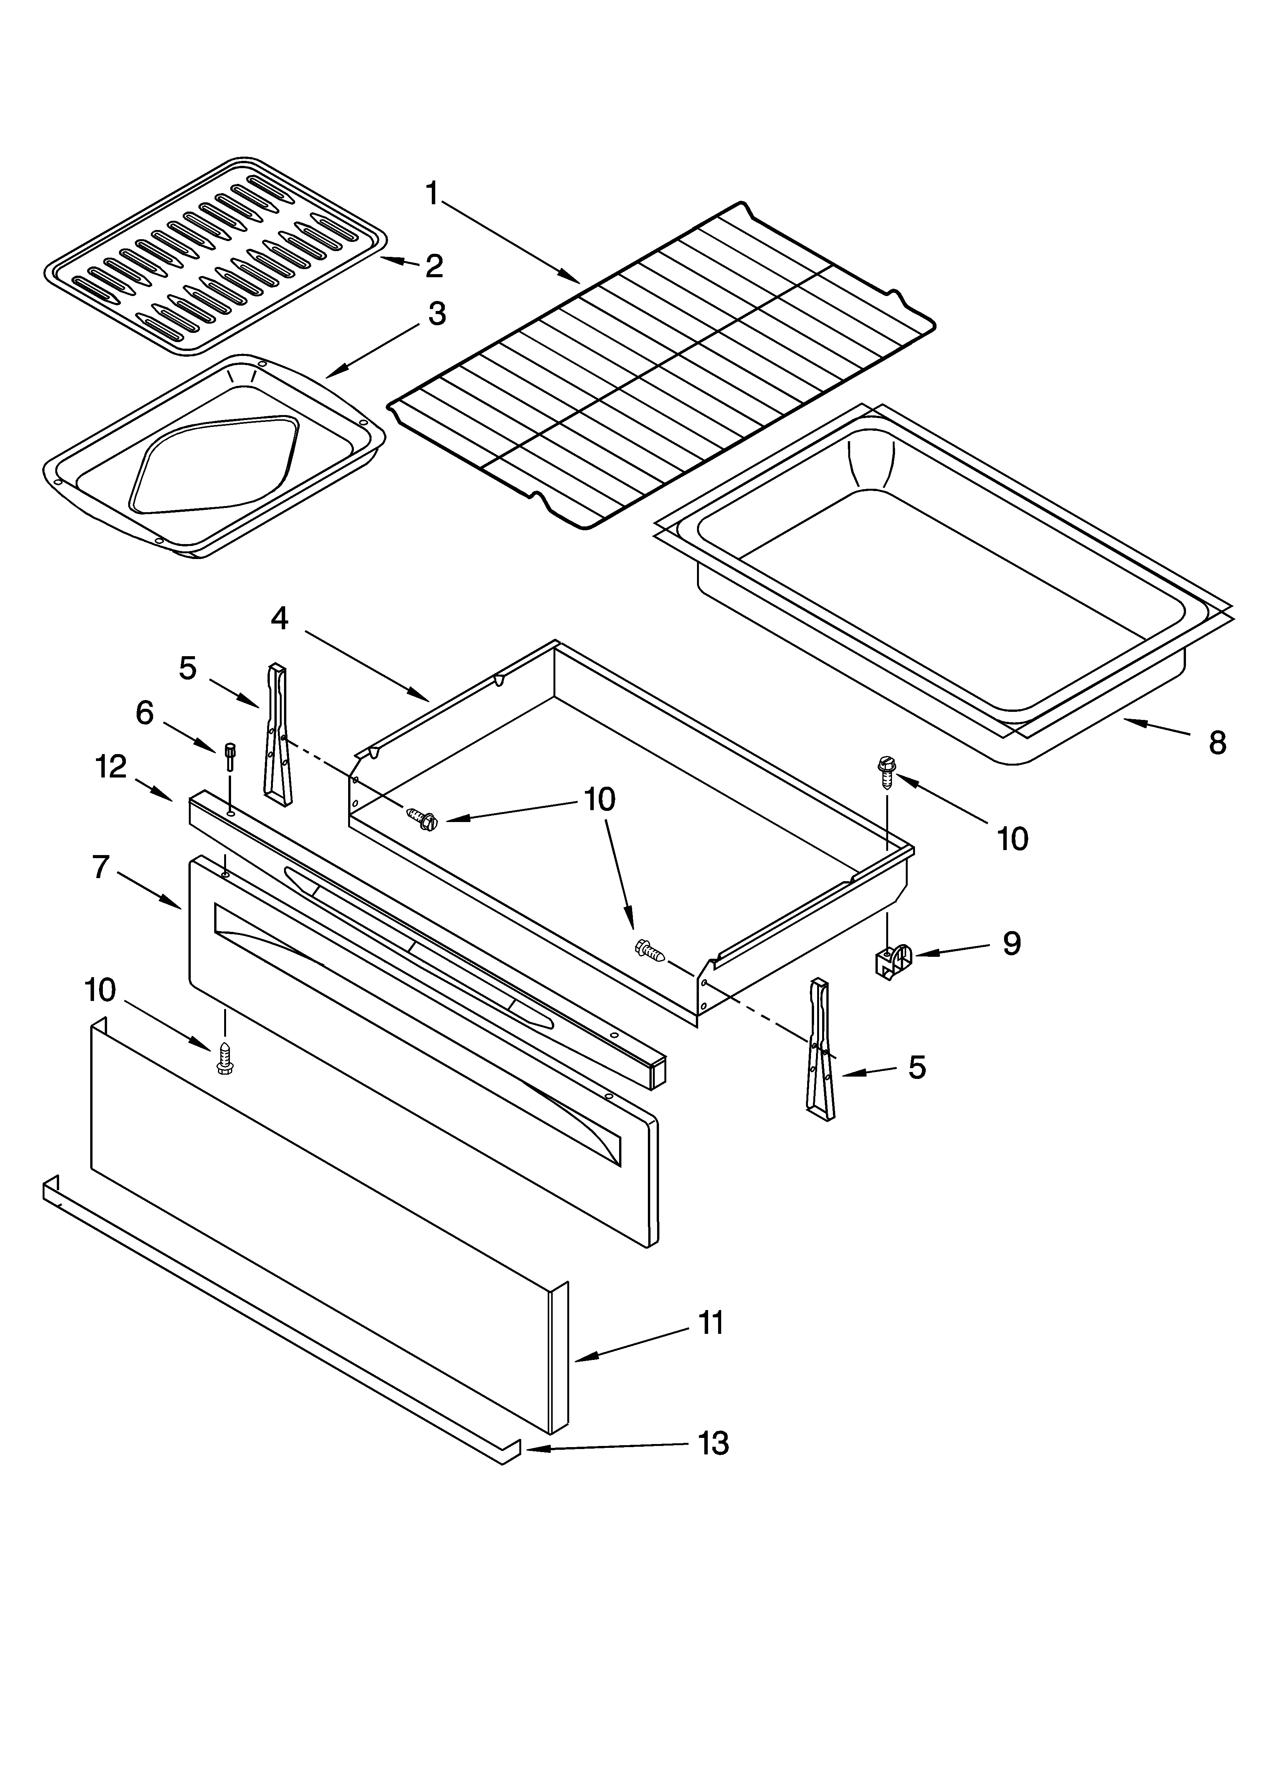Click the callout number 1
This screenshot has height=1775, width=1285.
432,192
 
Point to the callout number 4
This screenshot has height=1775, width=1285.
279,618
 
